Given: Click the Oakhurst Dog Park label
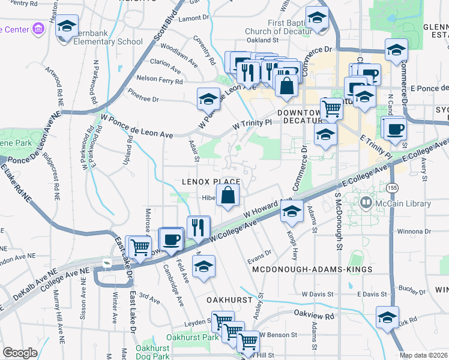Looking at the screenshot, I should (152, 352).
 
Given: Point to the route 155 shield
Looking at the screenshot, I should (392, 188).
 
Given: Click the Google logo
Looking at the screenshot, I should (20, 352).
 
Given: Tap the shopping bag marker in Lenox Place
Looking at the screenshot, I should (228, 196).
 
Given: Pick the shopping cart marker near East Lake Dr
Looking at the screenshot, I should (139, 247).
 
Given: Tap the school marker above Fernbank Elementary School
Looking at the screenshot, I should (67, 26).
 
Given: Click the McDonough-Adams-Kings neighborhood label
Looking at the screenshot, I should (312, 270).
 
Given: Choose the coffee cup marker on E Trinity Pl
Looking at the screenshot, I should (395, 130).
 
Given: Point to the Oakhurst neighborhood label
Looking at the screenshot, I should (228, 298).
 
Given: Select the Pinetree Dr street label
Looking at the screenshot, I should (143, 99).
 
